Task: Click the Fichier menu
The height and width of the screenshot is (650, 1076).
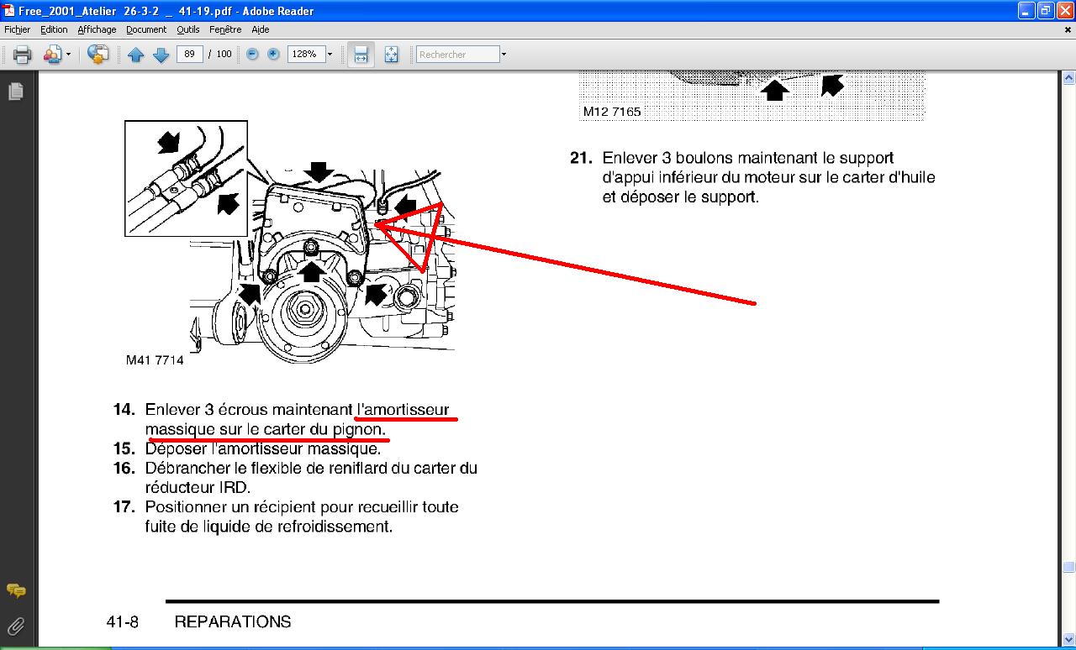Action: [18, 29]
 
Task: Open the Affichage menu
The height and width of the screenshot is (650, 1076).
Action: [97, 29]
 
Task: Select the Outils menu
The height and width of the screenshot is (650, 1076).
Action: [187, 29]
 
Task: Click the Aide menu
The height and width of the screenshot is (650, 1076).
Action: [261, 29]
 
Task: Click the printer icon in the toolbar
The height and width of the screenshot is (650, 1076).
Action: [22, 55]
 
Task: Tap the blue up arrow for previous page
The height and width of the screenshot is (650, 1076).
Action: [136, 55]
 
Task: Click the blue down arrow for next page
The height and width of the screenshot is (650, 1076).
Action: [161, 55]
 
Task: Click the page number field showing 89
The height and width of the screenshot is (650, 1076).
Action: [190, 55]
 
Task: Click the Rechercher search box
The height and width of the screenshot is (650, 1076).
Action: [458, 55]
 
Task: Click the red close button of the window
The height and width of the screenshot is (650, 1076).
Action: [1065, 11]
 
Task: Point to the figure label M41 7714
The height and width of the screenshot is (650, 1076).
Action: [155, 360]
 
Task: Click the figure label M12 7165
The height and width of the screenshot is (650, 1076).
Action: [611, 112]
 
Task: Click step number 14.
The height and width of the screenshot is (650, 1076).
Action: [124, 410]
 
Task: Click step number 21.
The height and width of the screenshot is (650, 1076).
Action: [581, 158]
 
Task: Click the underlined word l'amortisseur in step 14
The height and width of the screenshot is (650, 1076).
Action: [403, 410]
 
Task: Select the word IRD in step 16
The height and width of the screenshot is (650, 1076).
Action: [235, 488]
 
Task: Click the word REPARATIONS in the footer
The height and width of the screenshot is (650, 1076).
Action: [233, 621]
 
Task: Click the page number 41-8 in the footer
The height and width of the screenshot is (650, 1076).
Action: [123, 622]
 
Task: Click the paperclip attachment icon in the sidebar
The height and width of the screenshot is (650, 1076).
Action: [16, 626]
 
